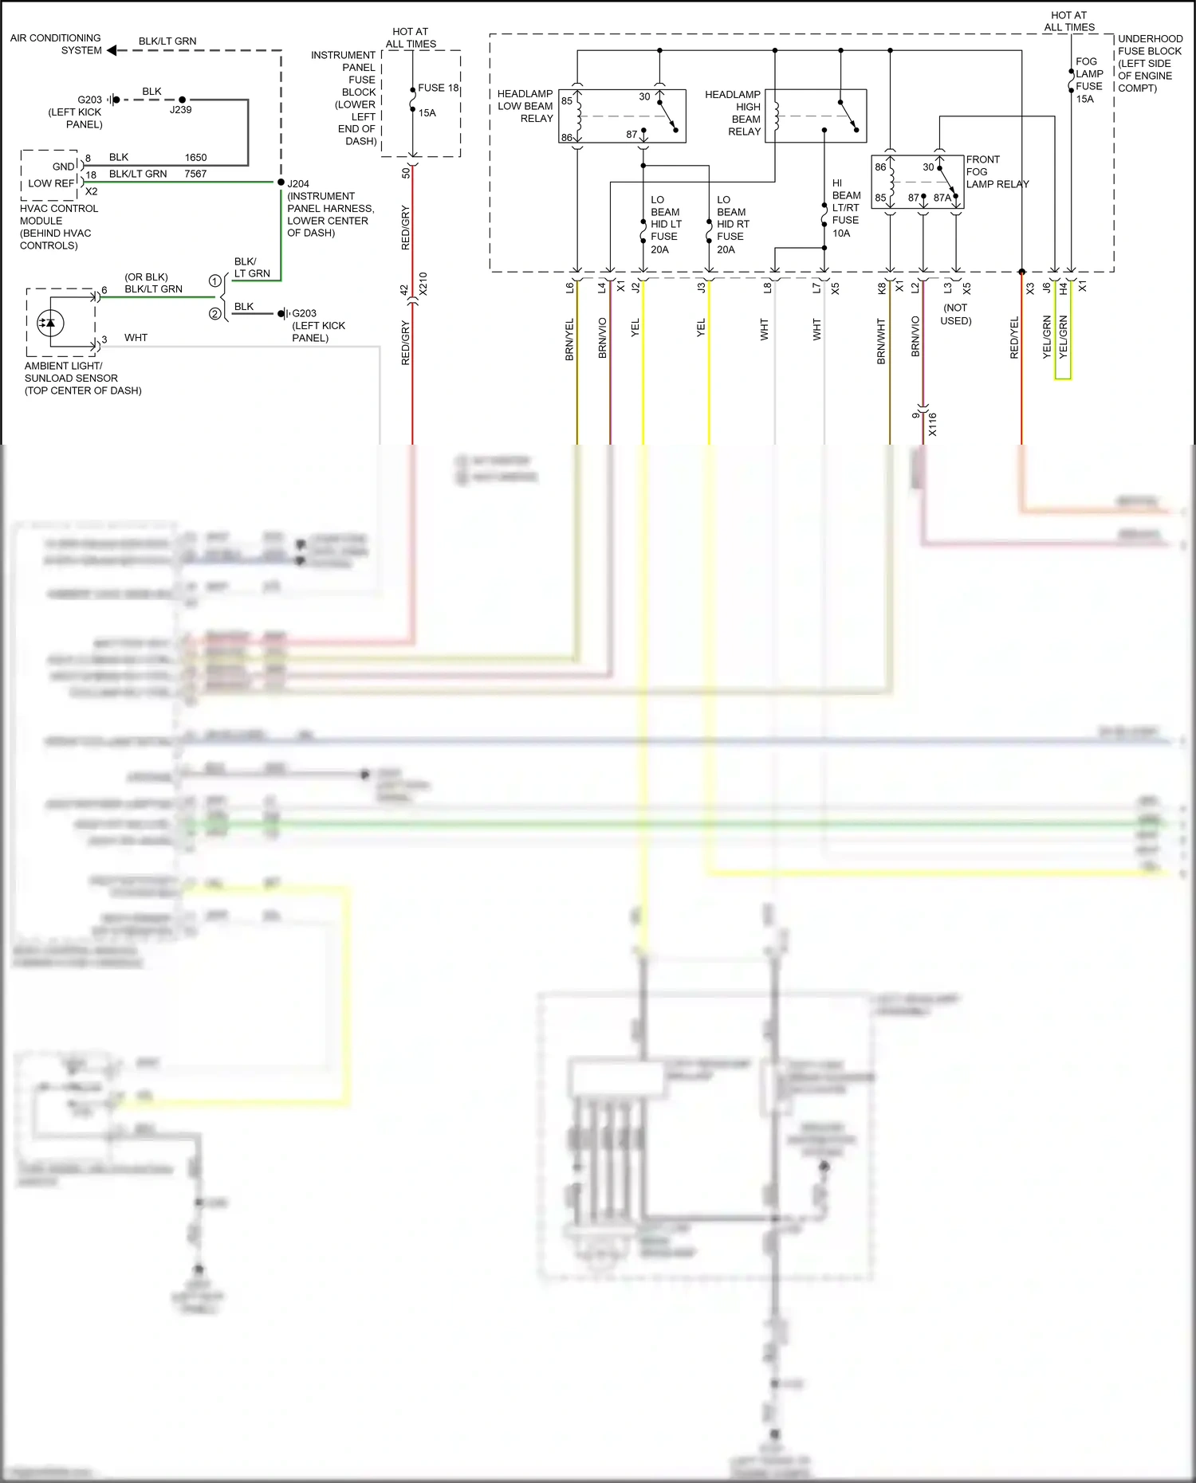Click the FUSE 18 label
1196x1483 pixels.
pyautogui.click(x=438, y=88)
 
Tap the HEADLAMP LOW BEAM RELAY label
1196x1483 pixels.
pyautogui.click(x=525, y=106)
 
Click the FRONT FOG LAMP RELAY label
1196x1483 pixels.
pyautogui.click(x=997, y=171)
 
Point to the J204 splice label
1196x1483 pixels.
pyautogui.click(x=298, y=183)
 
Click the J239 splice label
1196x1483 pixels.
pyautogui.click(x=180, y=110)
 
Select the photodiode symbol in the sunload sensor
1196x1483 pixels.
pyautogui.click(x=51, y=323)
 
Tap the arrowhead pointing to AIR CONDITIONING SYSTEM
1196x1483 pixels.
pyautogui.click(x=112, y=50)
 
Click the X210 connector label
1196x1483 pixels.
pyautogui.click(x=423, y=284)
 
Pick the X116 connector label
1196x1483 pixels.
pyautogui.click(x=932, y=424)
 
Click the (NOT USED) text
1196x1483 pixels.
pyautogui.click(x=955, y=314)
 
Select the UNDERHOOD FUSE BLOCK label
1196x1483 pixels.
pyautogui.click(x=1149, y=63)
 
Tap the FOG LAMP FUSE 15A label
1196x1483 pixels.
pyautogui.click(x=1088, y=80)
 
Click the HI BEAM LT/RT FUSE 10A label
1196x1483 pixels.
pyautogui.click(x=845, y=208)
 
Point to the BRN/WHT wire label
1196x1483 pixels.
pyautogui.click(x=881, y=341)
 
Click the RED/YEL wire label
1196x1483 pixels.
pyautogui.click(x=1014, y=338)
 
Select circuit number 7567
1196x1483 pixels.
pyautogui.click(x=195, y=174)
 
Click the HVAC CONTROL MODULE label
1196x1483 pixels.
pyautogui.click(x=59, y=227)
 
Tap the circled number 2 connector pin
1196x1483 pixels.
pyautogui.click(x=214, y=314)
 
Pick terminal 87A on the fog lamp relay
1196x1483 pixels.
pyautogui.click(x=942, y=198)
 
